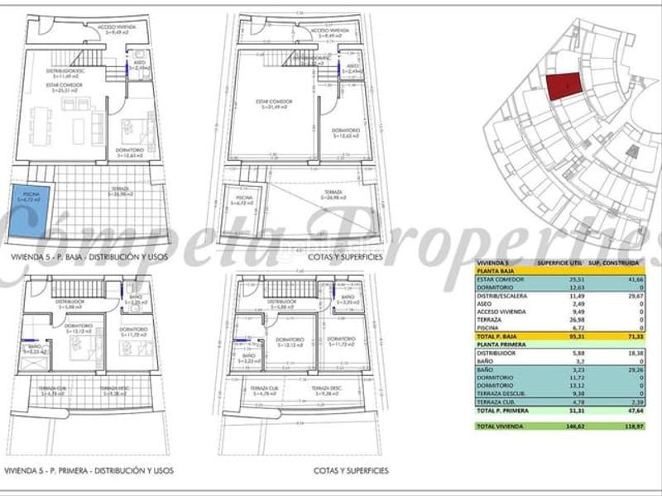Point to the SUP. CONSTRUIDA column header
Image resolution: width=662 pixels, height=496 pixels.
pos(615,262)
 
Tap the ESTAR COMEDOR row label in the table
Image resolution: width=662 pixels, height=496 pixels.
pos(500,279)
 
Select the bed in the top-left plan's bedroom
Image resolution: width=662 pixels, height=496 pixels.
pos(137,130)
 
